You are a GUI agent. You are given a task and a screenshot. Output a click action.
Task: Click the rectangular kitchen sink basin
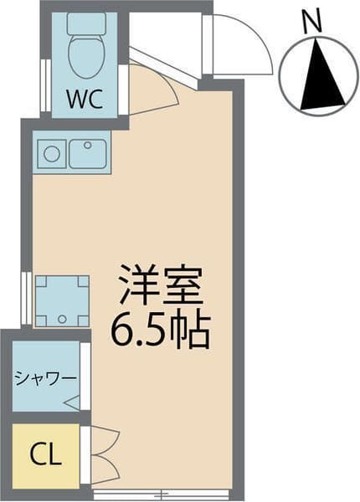[87, 154]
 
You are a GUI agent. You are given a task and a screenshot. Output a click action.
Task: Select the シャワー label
[45, 377]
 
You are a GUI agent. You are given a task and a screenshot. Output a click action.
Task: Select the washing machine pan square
[62, 300]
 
